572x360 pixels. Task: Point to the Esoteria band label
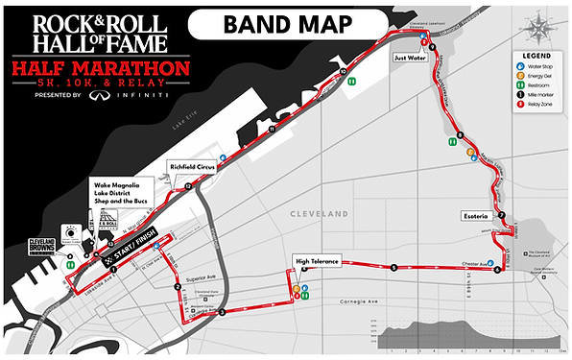476,215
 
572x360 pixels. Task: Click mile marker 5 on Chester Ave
393,268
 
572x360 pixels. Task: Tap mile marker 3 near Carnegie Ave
222,313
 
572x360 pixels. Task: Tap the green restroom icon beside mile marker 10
354,82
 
